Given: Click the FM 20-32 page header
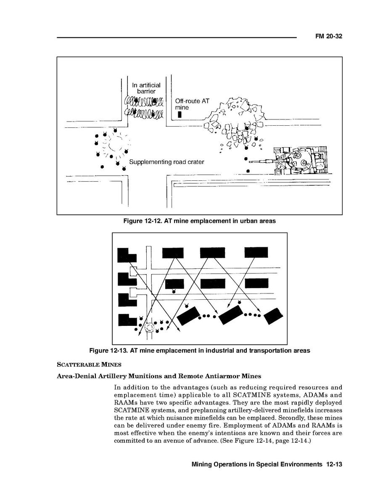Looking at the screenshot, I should tap(329, 37).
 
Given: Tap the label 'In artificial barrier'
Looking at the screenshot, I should tap(146, 88).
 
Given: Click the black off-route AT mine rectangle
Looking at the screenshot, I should tap(179, 114).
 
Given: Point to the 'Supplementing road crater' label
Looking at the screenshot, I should tap(166, 162).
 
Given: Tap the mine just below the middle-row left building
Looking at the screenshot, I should tap(173, 291).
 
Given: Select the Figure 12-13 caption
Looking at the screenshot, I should tap(200, 350).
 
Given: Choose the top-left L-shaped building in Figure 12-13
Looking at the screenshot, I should tap(126, 255).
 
